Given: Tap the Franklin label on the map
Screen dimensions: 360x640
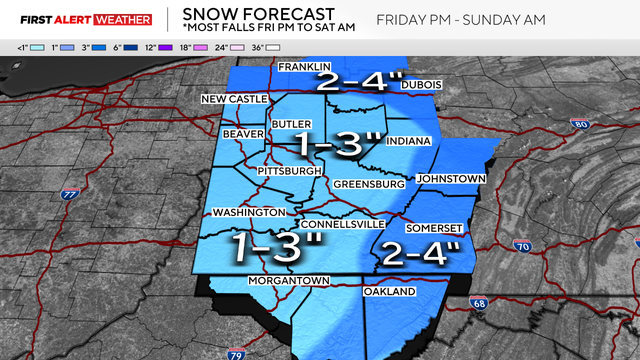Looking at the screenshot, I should (x=304, y=67).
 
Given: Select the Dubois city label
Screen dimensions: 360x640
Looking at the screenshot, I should (x=421, y=86).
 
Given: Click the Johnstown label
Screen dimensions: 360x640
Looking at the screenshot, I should (x=450, y=178).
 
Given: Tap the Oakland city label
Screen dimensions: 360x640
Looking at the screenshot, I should (x=387, y=292).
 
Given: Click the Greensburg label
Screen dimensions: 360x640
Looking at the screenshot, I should (x=368, y=185).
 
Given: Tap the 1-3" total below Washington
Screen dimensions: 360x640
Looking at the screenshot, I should (x=272, y=243).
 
